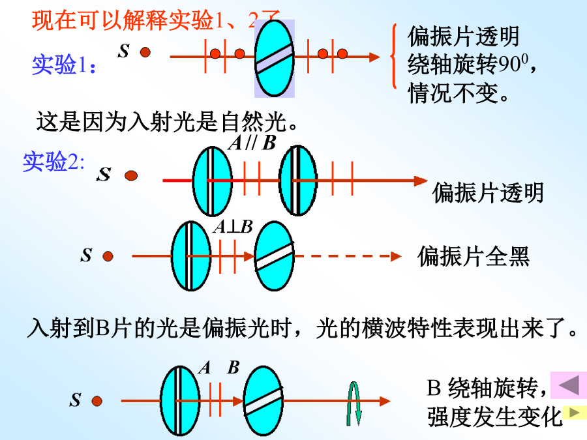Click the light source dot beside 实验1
click(145, 52)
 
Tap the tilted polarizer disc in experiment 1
click(274, 57)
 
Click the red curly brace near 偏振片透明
click(393, 56)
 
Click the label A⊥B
click(233, 226)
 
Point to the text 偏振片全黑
click(474, 257)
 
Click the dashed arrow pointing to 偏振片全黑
click(349, 256)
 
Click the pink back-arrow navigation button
click(569, 385)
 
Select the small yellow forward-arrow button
click(574, 412)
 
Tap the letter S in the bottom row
click(76, 400)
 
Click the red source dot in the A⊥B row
click(108, 256)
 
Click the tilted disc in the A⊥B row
click(274, 256)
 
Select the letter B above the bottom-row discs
click(233, 368)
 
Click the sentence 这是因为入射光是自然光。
click(167, 121)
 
